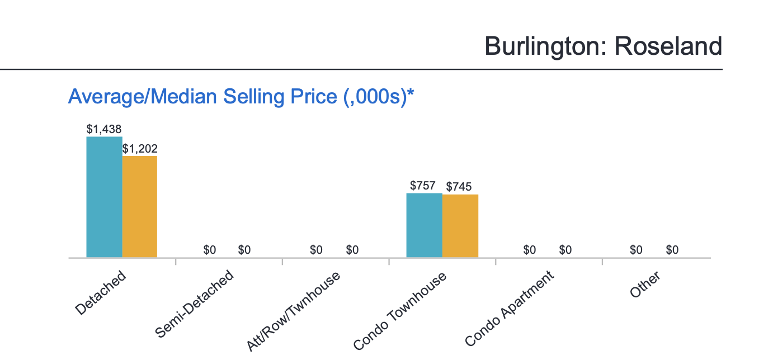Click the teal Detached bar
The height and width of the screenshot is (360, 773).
tap(104, 197)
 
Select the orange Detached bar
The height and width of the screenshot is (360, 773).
tap(140, 206)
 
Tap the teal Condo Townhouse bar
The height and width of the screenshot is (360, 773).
tap(424, 225)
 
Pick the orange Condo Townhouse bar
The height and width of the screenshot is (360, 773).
tap(460, 226)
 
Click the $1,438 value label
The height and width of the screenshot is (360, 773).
tap(104, 129)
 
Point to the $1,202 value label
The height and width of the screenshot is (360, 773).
tap(140, 149)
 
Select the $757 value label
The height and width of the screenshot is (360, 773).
tap(423, 186)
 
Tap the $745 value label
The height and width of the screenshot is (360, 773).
tap(459, 187)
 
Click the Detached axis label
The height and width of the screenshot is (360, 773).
tap(101, 293)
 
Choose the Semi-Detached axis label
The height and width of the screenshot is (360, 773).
tap(194, 305)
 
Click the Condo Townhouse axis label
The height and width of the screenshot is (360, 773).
tap(400, 311)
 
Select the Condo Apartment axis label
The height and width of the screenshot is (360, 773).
tap(509, 308)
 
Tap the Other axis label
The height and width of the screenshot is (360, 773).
tap(645, 285)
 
